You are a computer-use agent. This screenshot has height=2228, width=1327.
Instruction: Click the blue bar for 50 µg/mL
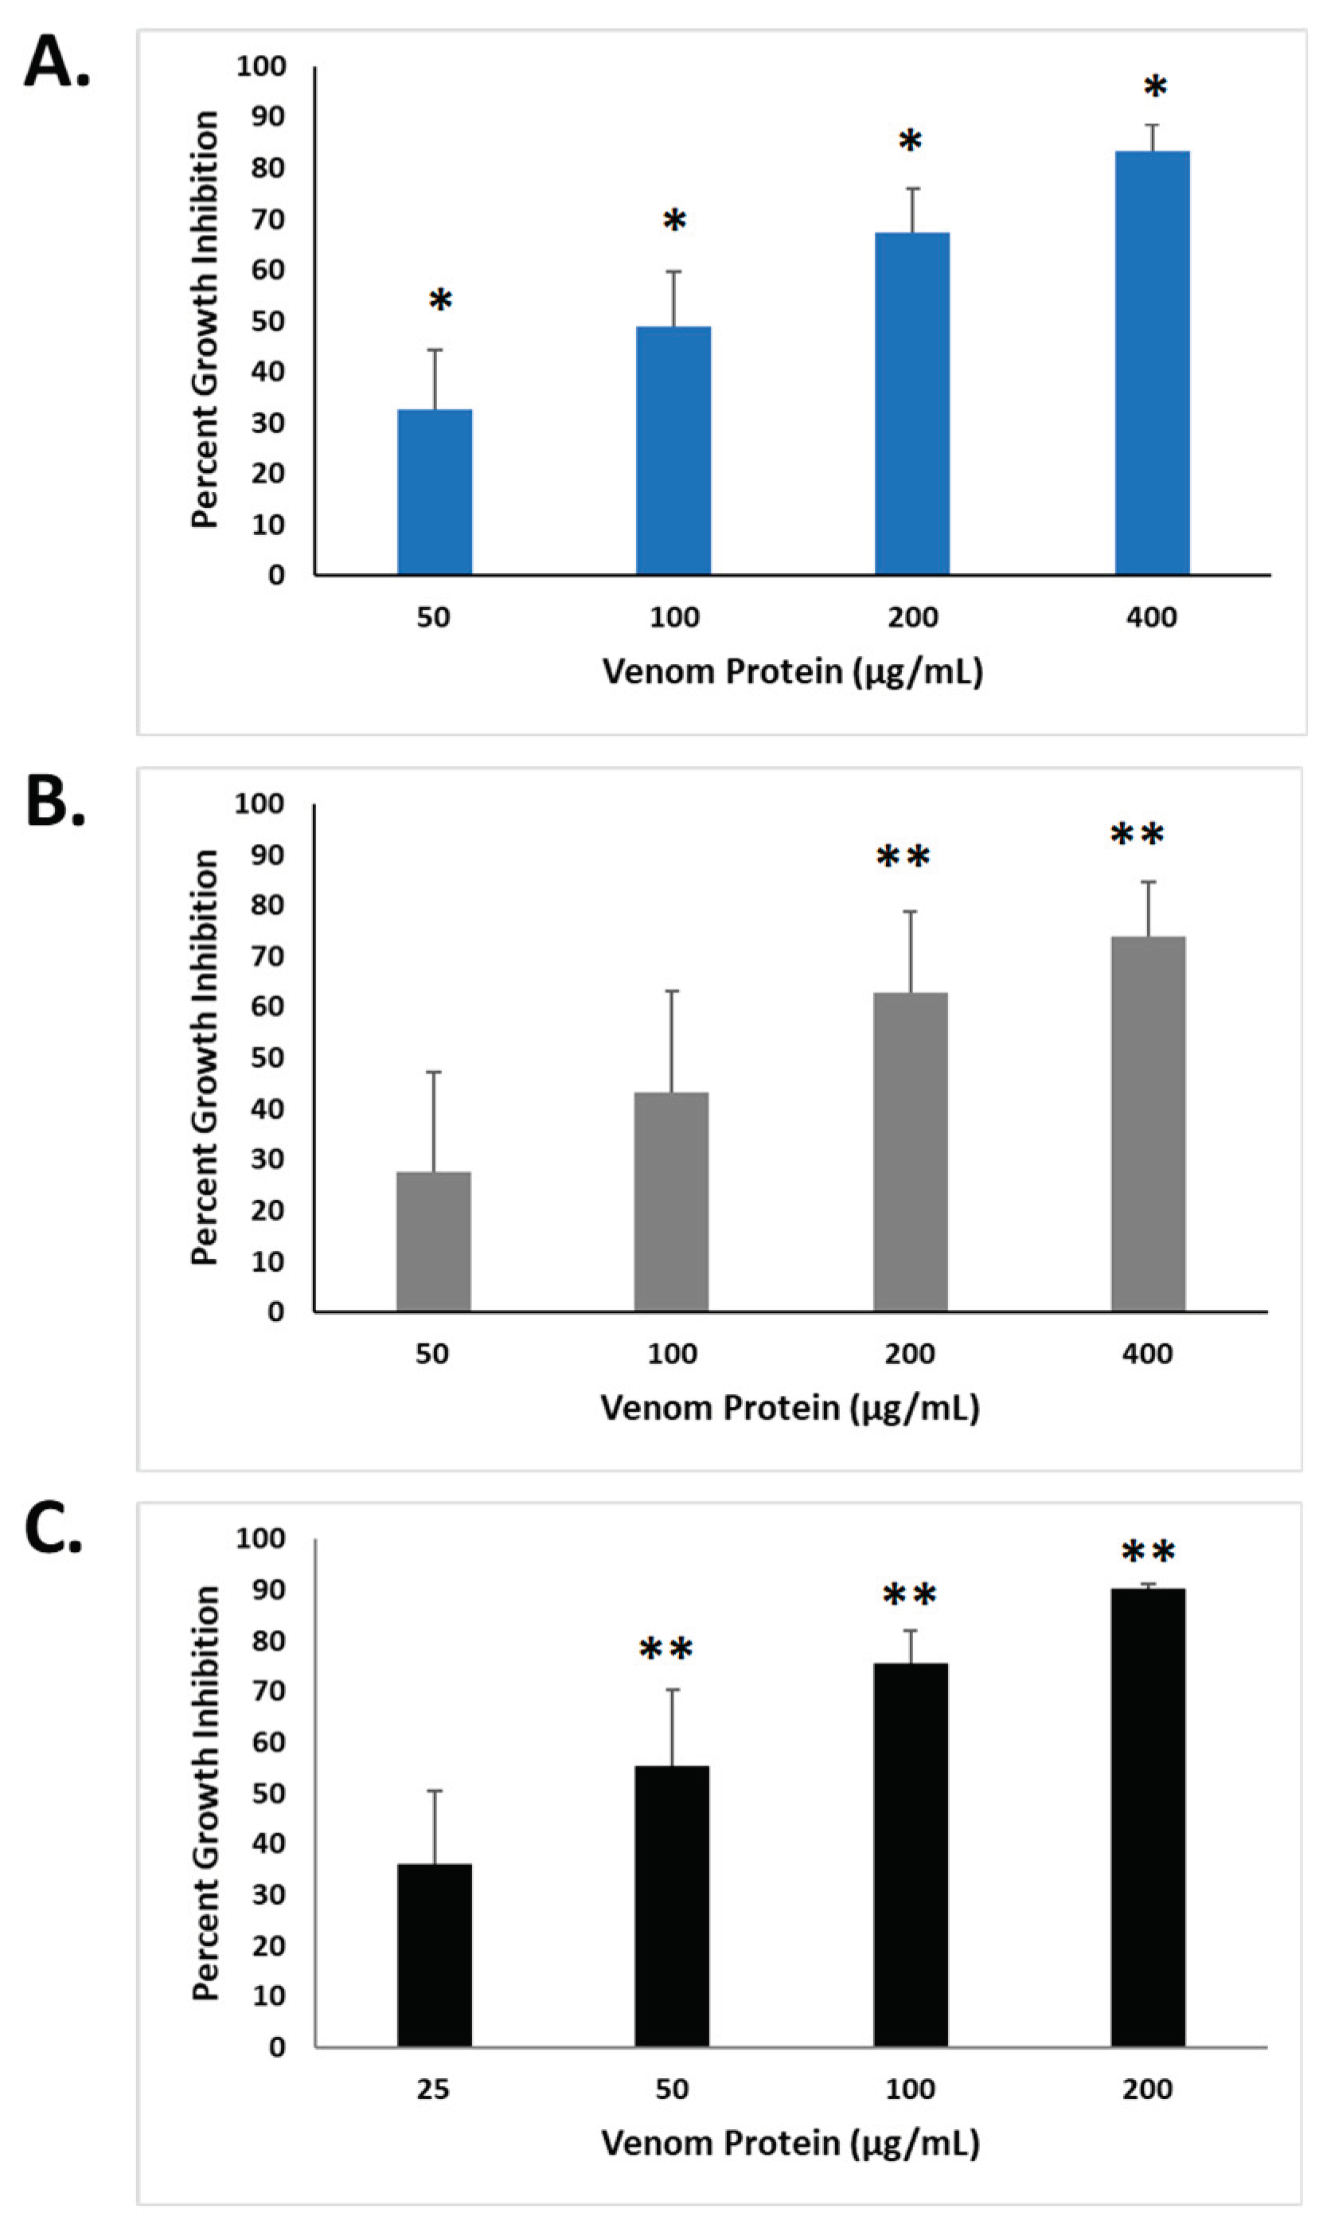(435, 491)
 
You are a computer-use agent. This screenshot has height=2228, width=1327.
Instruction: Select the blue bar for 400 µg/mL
(1152, 362)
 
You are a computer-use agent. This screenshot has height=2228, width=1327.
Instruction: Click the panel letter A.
(57, 63)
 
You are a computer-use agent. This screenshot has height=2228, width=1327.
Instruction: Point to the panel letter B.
(55, 801)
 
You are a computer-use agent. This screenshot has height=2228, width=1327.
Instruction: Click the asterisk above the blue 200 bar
(911, 141)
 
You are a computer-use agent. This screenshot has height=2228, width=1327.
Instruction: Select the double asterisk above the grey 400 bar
(1138, 835)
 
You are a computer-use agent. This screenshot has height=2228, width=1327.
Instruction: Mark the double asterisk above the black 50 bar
(666, 1649)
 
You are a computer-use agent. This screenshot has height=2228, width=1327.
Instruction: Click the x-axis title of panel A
(792, 670)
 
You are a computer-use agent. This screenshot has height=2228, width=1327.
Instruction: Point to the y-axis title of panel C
(205, 1793)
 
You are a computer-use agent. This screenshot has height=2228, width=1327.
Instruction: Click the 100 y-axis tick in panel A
(261, 66)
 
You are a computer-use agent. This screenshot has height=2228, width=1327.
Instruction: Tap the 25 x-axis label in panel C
(433, 2089)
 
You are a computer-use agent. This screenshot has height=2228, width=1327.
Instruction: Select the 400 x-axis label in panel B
(1148, 1353)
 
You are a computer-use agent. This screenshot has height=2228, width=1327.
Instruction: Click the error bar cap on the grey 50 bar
(435, 1072)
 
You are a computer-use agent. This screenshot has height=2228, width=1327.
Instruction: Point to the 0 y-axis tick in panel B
(275, 1312)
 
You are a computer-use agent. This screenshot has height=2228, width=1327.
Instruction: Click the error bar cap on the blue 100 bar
(673, 271)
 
